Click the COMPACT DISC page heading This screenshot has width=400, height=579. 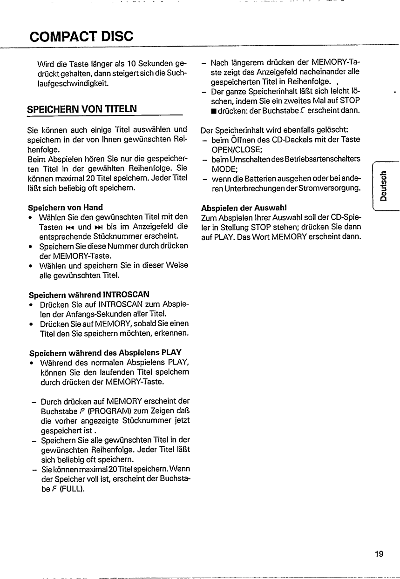tap(81, 35)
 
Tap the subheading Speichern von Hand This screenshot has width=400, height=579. tap(66, 207)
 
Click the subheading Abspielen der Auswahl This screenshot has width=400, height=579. tap(244, 207)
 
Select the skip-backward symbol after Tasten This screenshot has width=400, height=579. tap(70, 227)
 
